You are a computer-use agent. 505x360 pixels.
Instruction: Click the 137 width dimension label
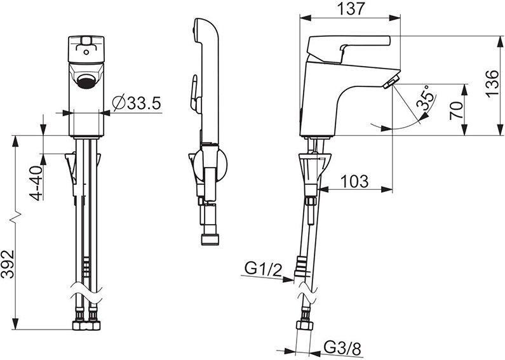(x=351, y=9)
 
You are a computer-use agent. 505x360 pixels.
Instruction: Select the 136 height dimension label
(x=492, y=84)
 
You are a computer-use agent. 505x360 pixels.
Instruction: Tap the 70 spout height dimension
(x=456, y=110)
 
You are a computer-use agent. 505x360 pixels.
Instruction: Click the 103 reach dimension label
(x=354, y=182)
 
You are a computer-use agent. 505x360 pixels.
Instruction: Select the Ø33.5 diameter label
(x=137, y=103)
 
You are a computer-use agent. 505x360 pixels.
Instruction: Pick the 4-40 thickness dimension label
(x=36, y=183)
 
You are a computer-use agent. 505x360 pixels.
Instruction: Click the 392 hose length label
(x=8, y=264)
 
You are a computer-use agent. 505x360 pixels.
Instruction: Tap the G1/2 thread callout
(x=263, y=268)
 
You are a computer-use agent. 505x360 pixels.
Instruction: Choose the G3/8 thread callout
(x=342, y=348)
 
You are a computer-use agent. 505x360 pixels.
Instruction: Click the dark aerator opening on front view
(x=86, y=81)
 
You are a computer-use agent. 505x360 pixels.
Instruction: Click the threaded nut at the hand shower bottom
(x=210, y=239)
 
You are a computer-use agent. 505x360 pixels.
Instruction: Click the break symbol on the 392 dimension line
(x=15, y=217)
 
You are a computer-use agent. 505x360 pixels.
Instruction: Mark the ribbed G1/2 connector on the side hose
(x=301, y=266)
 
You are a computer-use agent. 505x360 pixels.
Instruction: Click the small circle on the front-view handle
(x=86, y=52)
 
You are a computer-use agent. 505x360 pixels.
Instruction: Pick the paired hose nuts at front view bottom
(x=86, y=325)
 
